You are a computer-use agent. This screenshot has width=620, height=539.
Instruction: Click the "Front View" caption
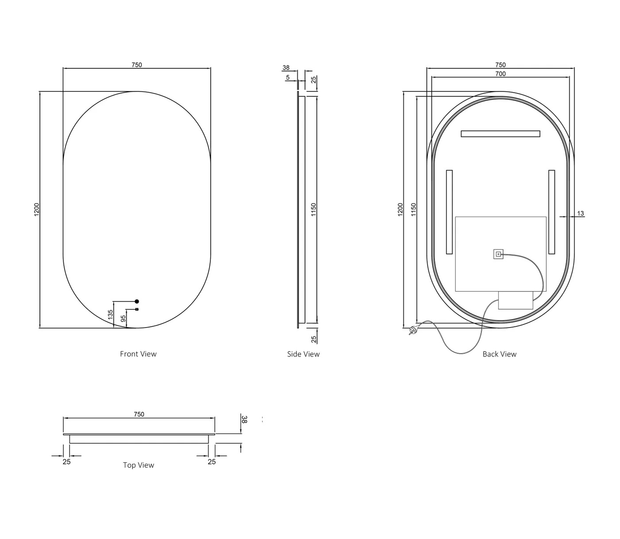coord(138,354)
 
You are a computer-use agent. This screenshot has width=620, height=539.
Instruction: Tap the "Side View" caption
coord(303,354)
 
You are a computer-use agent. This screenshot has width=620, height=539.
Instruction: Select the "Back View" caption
coord(500,354)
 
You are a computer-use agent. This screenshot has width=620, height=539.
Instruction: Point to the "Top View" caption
coord(139,465)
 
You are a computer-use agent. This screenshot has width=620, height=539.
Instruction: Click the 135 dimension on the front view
coord(111,314)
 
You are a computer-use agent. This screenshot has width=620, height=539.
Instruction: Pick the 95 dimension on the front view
coord(123,319)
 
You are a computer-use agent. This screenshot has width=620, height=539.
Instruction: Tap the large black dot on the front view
coord(137,301)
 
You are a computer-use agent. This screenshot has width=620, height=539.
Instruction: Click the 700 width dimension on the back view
coord(500,74)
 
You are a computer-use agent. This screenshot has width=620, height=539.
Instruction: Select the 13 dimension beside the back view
coord(580,213)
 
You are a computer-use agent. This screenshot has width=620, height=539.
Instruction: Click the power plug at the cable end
coord(412,330)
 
